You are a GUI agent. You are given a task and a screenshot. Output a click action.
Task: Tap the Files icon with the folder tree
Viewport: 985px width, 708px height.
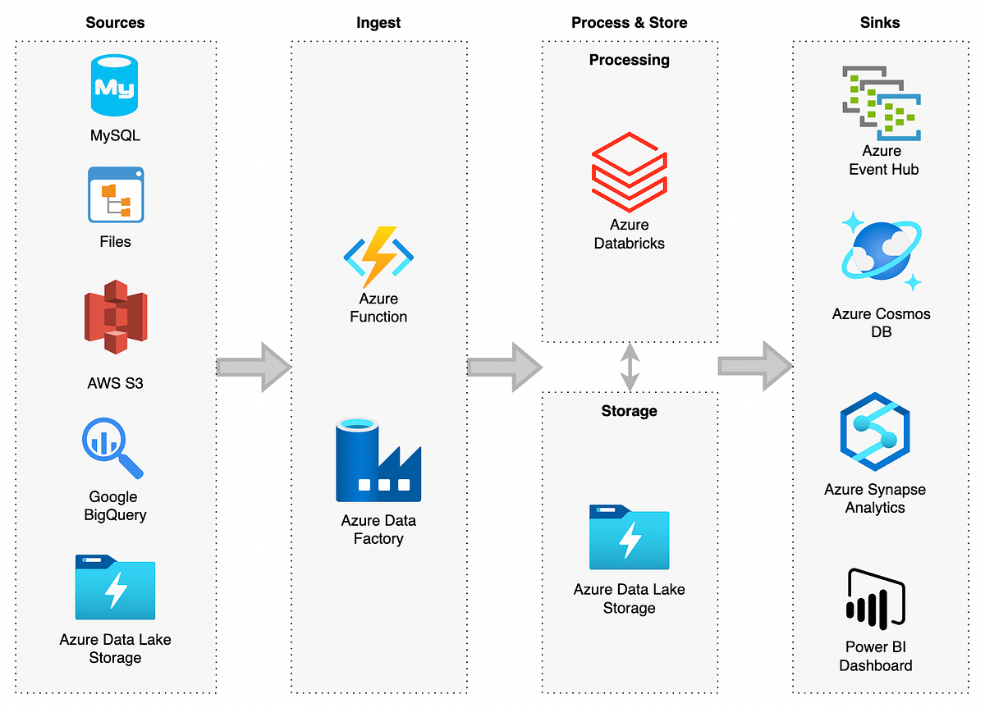click(116, 194)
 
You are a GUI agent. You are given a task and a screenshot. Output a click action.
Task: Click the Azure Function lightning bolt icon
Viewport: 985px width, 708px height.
click(378, 256)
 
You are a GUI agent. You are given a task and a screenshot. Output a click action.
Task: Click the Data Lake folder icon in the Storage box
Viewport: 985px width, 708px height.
click(630, 537)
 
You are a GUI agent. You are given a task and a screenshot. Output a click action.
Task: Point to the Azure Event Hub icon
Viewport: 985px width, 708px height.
click(882, 103)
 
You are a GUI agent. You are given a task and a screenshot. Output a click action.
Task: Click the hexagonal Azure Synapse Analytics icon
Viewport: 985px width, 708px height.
click(875, 432)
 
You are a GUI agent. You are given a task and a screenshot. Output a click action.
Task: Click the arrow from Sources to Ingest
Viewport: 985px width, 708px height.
click(254, 367)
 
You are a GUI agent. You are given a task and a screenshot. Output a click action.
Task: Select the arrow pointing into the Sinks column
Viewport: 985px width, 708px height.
click(754, 366)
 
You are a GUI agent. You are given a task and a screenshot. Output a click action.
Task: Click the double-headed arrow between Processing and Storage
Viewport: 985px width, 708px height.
click(630, 367)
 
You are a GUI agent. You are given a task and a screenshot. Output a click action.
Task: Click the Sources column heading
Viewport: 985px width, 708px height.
click(115, 23)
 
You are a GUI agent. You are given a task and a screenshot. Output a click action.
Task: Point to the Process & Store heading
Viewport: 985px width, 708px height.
click(629, 23)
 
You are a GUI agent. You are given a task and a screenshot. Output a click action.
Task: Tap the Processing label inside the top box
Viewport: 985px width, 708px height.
click(630, 60)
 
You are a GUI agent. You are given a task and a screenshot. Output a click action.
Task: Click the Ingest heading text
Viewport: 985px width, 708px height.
click(378, 23)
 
